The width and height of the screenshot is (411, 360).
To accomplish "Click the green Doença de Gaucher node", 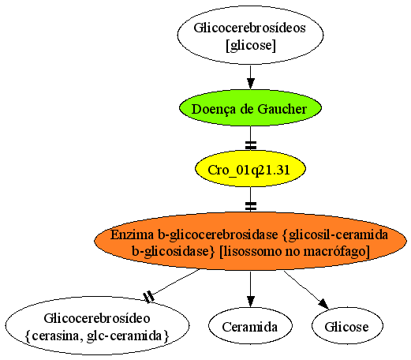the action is [250, 108].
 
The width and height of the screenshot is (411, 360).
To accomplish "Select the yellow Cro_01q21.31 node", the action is [250, 169].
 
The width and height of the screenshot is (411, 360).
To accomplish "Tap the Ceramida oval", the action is [250, 326].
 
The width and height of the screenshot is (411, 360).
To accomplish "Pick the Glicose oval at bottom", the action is [347, 326].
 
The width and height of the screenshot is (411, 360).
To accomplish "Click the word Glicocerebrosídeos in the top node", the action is [250, 28].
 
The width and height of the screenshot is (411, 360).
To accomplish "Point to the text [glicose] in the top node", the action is [251, 45].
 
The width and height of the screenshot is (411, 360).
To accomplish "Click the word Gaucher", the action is [282, 109].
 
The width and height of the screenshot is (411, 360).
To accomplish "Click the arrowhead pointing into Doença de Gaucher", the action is [250, 84].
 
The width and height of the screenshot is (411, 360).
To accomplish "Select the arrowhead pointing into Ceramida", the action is [250, 302].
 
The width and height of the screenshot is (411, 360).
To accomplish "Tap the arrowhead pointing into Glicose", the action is [323, 305].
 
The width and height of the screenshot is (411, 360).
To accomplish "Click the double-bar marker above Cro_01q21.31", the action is [251, 145].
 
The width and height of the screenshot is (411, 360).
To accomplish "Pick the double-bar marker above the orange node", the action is [251, 206].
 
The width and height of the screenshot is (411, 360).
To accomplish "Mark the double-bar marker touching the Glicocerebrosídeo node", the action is [149, 297].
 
